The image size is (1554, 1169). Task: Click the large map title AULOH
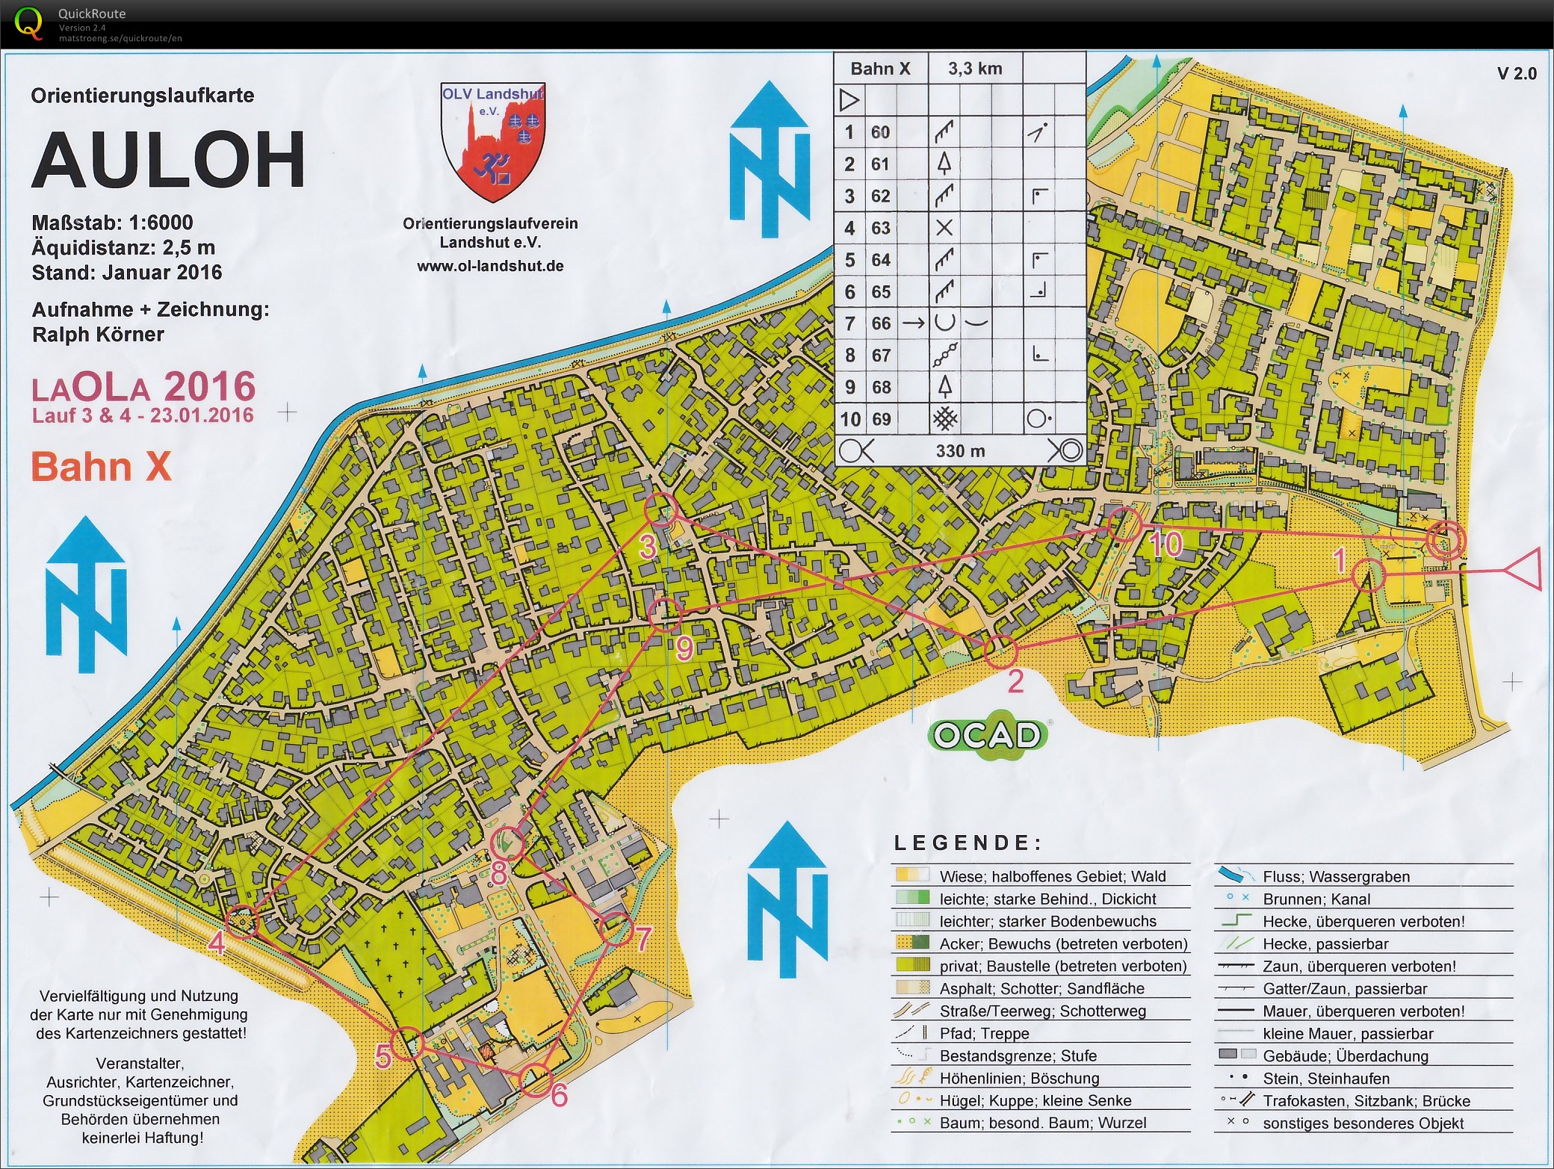[168, 161]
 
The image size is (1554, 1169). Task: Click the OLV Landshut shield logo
[492, 142]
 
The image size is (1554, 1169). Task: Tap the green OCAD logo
[988, 735]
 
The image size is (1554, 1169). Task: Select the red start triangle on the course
[1524, 570]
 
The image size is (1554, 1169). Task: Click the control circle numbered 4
[241, 921]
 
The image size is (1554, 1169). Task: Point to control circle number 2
[1000, 651]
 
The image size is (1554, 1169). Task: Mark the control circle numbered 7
[616, 928]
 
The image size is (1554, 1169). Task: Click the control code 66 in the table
[880, 323]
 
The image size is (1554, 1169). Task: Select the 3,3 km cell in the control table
[974, 69]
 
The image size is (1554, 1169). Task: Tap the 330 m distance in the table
[960, 451]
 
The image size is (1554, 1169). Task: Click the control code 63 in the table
[880, 228]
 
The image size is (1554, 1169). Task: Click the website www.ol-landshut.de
[490, 267]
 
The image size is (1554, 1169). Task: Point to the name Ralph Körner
[98, 335]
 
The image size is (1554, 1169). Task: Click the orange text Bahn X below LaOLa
[101, 468]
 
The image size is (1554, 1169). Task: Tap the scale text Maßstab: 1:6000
[112, 223]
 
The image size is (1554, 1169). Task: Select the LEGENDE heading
[968, 843]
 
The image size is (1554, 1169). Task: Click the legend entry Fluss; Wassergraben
[1336, 877]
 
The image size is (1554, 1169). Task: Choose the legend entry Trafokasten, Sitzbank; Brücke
[1366, 1101]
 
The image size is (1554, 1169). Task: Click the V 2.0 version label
[1517, 73]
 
